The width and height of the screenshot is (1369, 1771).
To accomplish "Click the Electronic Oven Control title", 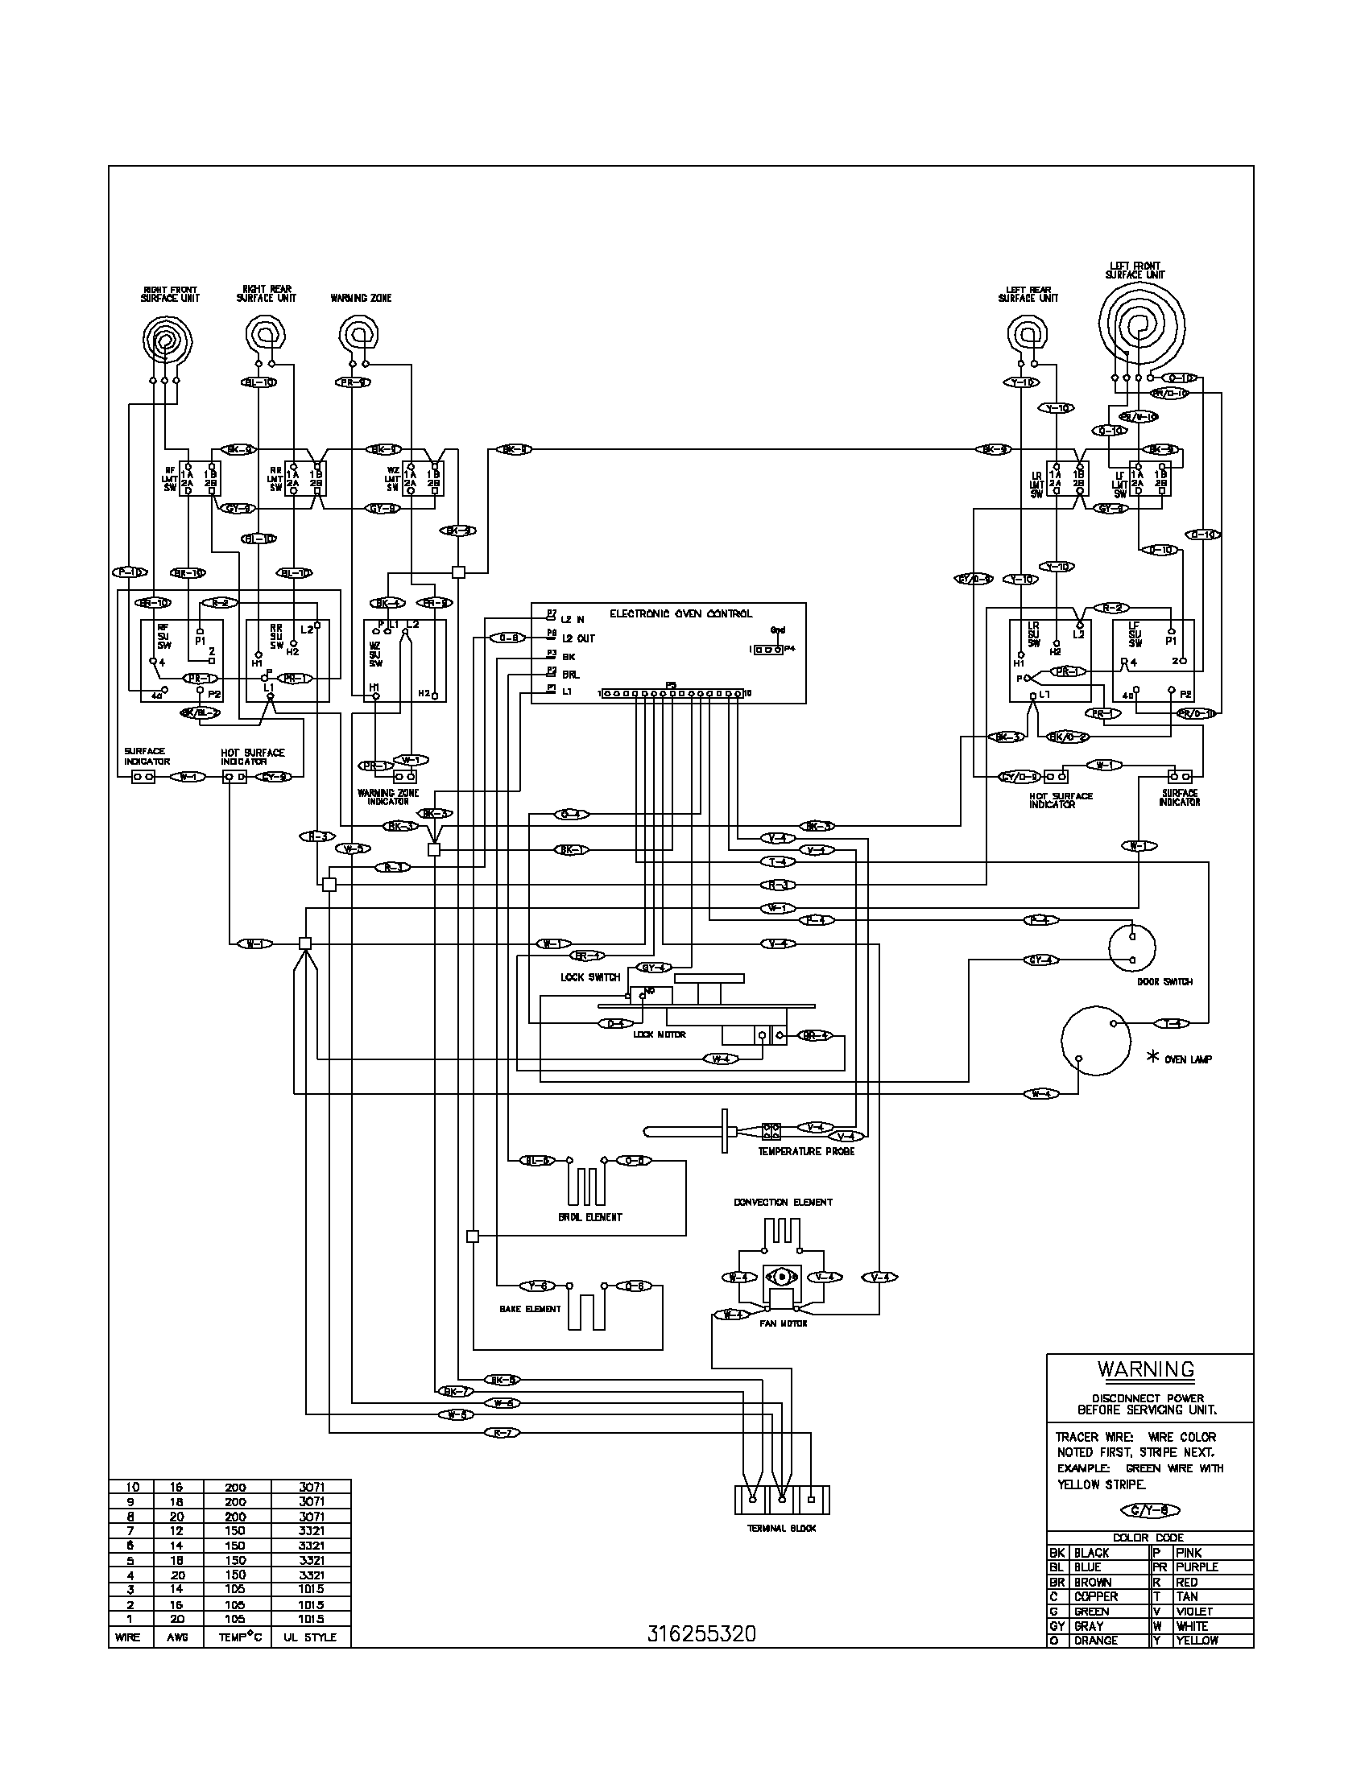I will click(680, 614).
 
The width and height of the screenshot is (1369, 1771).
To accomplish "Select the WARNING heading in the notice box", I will click(1146, 1369).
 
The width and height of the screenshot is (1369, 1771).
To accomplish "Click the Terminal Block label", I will click(782, 1529).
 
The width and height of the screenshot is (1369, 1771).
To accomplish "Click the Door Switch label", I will click(1164, 982).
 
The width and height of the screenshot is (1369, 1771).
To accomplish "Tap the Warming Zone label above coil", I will click(361, 299).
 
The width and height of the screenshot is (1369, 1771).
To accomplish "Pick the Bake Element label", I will click(531, 1309).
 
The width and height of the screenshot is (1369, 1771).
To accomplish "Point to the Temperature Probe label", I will click(806, 1151).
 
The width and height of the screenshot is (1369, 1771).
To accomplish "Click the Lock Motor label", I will click(660, 1034).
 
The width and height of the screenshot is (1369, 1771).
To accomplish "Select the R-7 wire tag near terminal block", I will click(500, 1433).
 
